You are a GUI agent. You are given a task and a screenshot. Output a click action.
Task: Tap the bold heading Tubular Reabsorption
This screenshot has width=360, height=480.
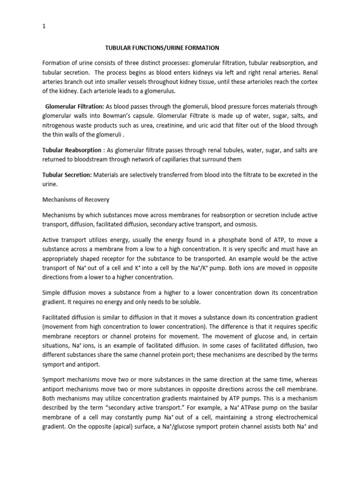pyautogui.click(x=72, y=150)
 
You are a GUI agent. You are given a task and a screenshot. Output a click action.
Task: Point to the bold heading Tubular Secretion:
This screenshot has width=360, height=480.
pyautogui.click(x=67, y=175)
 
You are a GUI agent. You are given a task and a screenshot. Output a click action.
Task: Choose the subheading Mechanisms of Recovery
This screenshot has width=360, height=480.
pyautogui.click(x=75, y=200)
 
